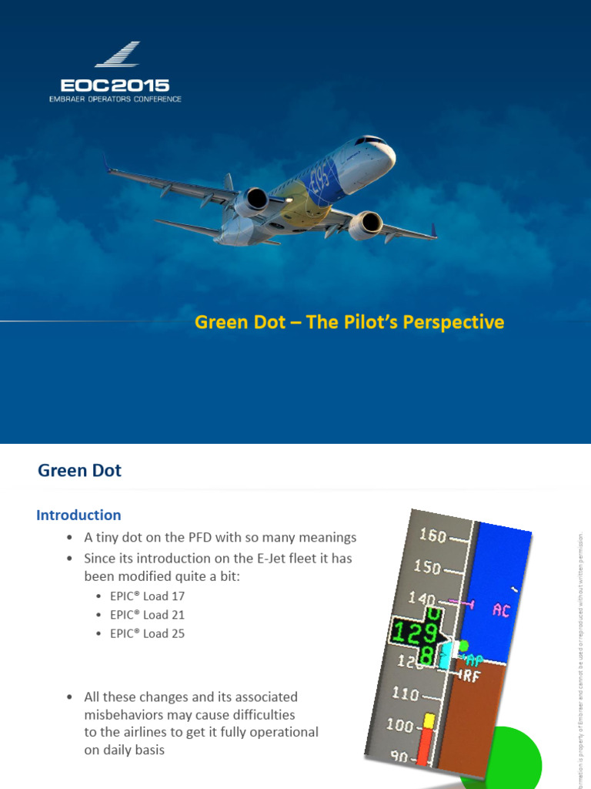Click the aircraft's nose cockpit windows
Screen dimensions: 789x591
pyautogui.click(x=370, y=141)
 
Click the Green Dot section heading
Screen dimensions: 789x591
pyautogui.click(x=79, y=470)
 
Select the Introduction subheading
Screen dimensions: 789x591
pyautogui.click(x=78, y=515)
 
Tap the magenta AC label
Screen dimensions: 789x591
pyautogui.click(x=501, y=610)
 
